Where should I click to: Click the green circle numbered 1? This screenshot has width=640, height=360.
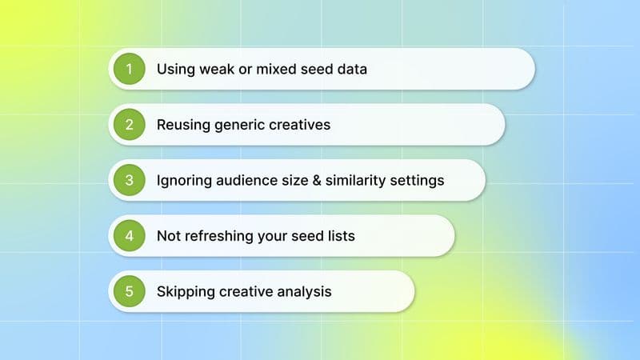pos(129,69)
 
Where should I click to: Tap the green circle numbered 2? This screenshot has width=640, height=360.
pos(129,125)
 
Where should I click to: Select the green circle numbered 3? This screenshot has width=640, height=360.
pos(129,180)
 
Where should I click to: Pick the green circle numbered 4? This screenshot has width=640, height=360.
pos(129,236)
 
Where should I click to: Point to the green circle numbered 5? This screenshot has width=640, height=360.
pos(129,291)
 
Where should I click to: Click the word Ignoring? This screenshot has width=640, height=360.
pos(183,180)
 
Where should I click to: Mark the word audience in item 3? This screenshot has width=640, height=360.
pos(245,180)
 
